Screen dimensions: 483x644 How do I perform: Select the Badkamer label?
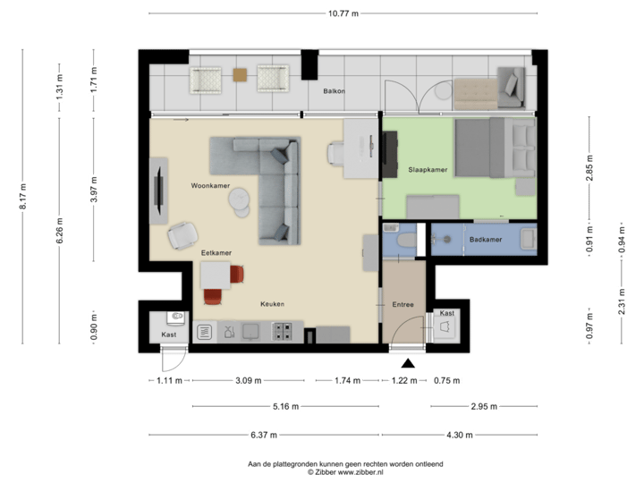tap(486, 240)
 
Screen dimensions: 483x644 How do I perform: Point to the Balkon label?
tap(334, 91)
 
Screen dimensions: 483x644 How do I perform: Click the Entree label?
tap(403, 305)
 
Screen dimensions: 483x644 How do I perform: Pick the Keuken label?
tap(272, 304)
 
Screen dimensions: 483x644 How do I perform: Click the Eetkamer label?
tap(216, 253)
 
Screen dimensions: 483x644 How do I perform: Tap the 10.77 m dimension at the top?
tap(343, 13)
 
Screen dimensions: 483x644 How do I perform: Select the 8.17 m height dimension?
tap(22, 196)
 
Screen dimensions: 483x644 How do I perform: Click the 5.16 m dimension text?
tap(287, 406)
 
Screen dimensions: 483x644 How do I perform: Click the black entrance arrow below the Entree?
tap(409, 363)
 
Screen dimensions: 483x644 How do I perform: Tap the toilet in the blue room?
tap(404, 240)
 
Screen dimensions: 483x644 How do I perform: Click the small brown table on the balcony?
tap(240, 76)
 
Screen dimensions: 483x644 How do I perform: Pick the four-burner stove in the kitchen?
tap(283, 332)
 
